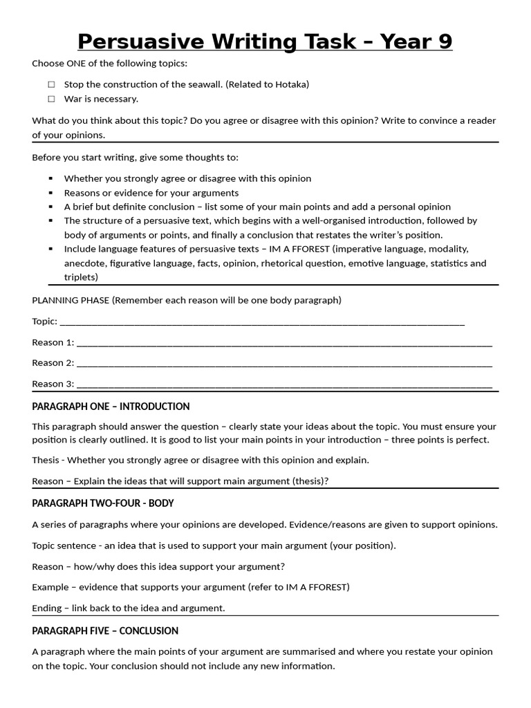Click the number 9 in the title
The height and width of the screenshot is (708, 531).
(x=443, y=41)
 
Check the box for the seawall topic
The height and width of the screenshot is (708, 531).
(x=51, y=84)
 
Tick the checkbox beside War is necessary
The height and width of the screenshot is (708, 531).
(x=51, y=99)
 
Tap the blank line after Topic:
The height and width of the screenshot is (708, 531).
(x=263, y=322)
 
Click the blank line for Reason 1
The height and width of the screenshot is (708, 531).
(x=283, y=343)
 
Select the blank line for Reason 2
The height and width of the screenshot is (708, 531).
(x=283, y=364)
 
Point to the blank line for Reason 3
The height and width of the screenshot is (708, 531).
(x=283, y=384)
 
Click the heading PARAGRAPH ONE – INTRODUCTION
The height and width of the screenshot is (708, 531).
(x=111, y=407)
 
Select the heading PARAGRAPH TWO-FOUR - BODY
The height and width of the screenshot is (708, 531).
(x=103, y=503)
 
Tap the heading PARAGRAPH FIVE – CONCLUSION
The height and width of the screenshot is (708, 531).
(x=105, y=631)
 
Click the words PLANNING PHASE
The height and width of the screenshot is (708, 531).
(x=71, y=300)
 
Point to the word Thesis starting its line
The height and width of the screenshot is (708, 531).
(x=46, y=460)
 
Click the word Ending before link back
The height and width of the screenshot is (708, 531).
(x=48, y=608)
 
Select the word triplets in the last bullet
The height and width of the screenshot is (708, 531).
(x=81, y=277)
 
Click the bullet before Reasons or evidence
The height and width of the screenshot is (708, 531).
(x=51, y=193)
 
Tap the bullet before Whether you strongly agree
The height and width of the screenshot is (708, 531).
(x=51, y=178)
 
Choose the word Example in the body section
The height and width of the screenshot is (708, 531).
(x=50, y=587)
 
